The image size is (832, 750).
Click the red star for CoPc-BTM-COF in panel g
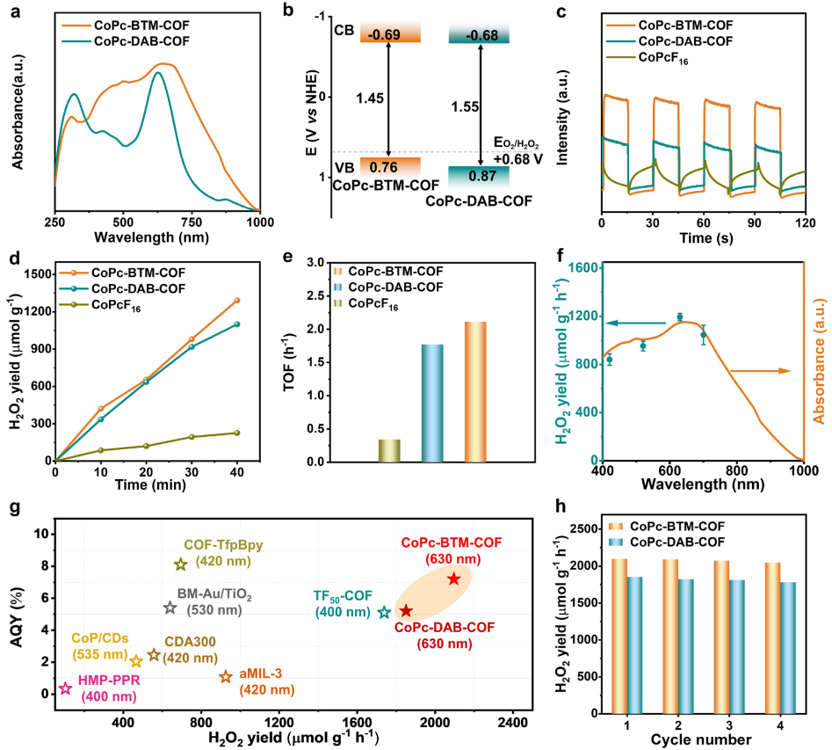click(x=453, y=579)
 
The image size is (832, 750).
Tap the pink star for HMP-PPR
click(x=65, y=688)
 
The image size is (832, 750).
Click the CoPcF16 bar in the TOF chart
click(x=389, y=449)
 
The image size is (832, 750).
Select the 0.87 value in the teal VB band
click(x=480, y=176)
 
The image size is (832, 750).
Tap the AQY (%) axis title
click(x=14, y=612)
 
